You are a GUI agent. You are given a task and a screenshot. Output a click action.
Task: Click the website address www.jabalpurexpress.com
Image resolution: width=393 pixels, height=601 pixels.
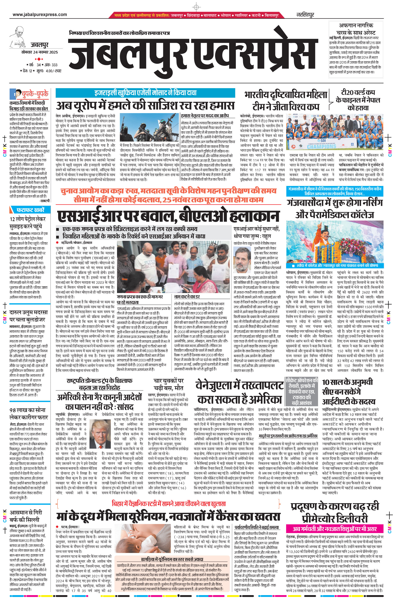point(40,15)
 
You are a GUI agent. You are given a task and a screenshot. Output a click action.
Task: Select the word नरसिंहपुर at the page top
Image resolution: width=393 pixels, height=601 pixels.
point(305,15)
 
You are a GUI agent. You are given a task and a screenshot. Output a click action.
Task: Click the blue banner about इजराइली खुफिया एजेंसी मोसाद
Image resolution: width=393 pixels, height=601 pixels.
point(145,93)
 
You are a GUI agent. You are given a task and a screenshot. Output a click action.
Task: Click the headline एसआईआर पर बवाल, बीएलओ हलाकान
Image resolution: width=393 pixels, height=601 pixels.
point(168,216)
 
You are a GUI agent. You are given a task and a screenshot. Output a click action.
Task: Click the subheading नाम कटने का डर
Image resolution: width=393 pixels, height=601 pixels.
point(187,297)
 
